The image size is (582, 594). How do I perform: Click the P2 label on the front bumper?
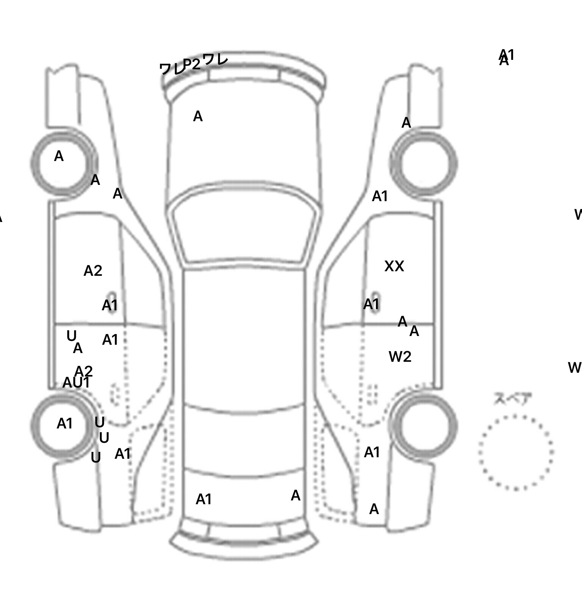click(x=191, y=64)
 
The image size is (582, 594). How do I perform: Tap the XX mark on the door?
click(x=394, y=266)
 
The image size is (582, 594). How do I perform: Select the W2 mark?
click(x=400, y=357)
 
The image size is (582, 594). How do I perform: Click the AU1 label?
click(x=76, y=383)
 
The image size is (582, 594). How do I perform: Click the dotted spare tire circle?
click(x=516, y=452)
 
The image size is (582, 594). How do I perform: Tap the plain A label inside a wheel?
click(x=59, y=156)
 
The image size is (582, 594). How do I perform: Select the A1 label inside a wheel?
click(x=64, y=424)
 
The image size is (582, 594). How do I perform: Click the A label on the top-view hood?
click(x=198, y=116)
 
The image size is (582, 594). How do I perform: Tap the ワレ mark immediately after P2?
click(x=215, y=59)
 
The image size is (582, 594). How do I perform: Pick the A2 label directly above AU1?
click(x=84, y=371)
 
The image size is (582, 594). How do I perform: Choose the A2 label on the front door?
click(x=93, y=271)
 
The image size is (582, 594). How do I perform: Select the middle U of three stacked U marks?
click(x=104, y=438)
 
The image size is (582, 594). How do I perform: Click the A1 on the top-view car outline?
click(x=203, y=500)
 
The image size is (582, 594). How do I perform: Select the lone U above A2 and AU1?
click(x=71, y=336)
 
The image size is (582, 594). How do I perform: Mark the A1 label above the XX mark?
click(x=380, y=196)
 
